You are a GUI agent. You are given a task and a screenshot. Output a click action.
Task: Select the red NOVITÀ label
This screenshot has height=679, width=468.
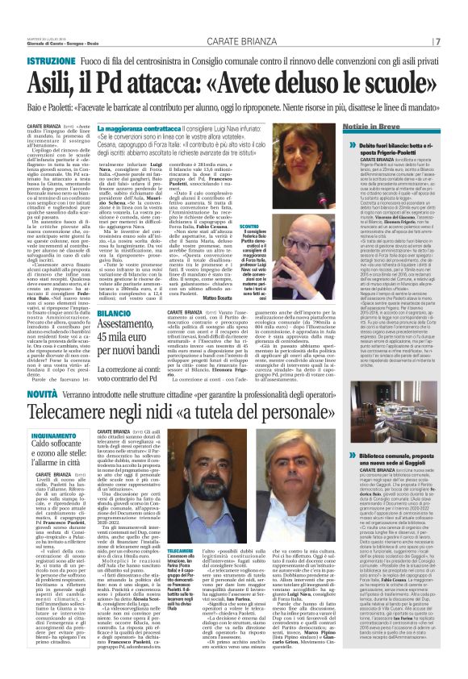pyautogui.click(x=44, y=390)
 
